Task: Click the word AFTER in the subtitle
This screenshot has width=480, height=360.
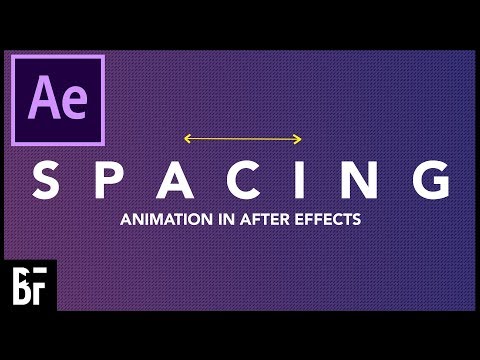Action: click(x=253, y=216)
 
